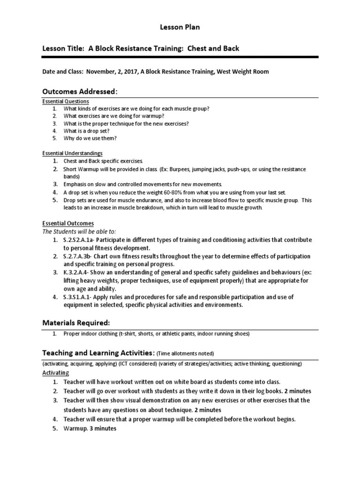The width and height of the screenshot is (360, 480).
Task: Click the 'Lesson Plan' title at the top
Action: pyautogui.click(x=180, y=27)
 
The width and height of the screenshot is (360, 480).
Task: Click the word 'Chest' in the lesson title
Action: pyautogui.click(x=205, y=49)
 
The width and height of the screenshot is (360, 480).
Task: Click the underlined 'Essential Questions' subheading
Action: pyautogui.click(x=66, y=101)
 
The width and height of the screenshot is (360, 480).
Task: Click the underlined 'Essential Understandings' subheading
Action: pyautogui.click(x=72, y=153)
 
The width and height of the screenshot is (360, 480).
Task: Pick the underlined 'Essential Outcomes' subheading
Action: pyautogui.click(x=68, y=224)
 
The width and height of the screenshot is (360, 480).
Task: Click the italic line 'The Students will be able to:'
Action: pyautogui.click(x=79, y=232)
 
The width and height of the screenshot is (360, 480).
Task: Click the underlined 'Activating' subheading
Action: pyautogui.click(x=56, y=373)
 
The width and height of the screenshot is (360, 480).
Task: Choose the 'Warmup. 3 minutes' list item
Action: pyautogui.click(x=90, y=428)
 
